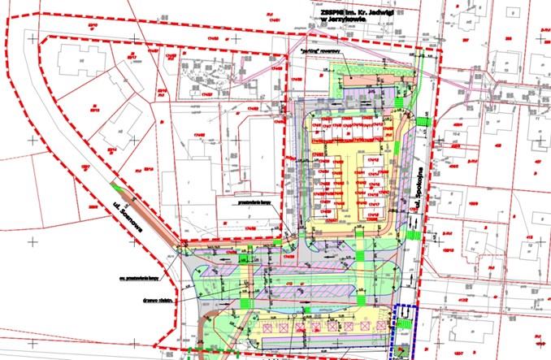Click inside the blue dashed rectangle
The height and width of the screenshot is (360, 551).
click(404, 329)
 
